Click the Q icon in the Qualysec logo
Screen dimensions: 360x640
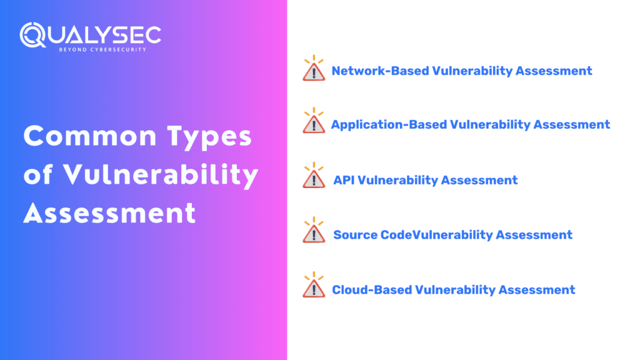point(32,36)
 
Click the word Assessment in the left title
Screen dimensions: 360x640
point(109,214)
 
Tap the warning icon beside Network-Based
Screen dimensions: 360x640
point(313,70)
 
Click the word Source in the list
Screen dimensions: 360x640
point(356,235)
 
